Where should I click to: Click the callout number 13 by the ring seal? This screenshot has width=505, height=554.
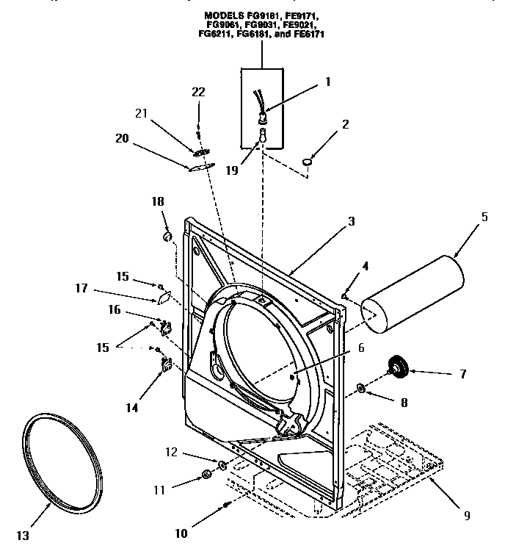[23, 536]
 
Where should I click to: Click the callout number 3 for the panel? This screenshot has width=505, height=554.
[351, 220]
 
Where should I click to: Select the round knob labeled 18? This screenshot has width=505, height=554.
[167, 235]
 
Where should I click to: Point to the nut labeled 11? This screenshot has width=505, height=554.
[206, 480]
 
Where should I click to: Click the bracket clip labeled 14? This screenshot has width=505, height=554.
[165, 364]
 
